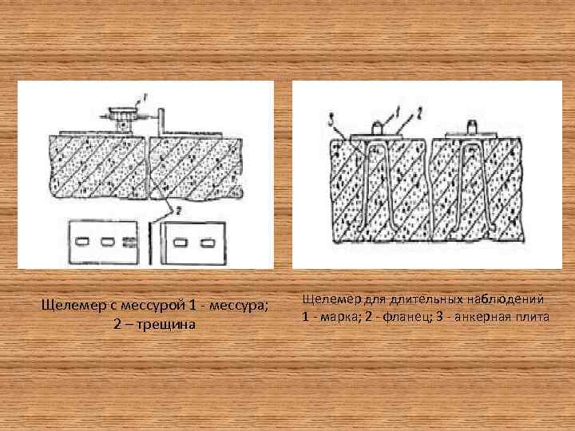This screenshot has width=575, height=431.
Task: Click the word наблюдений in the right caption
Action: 504,299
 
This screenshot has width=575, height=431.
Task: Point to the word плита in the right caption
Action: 533,317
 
